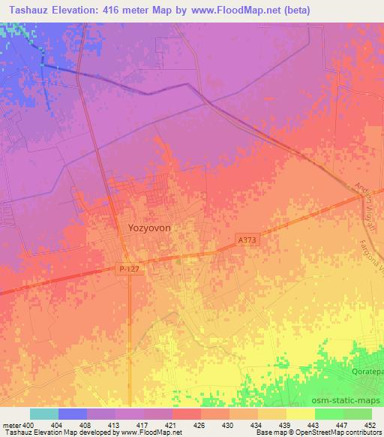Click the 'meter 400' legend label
[16, 426]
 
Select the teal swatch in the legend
[43, 414]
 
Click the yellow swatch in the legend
[300, 414]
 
